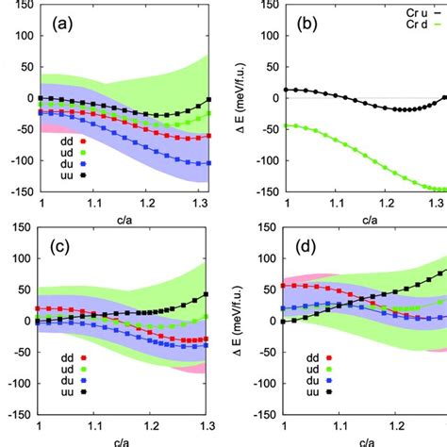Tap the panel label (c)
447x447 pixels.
coord(65,248)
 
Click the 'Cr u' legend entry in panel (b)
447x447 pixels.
coord(411,5)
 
